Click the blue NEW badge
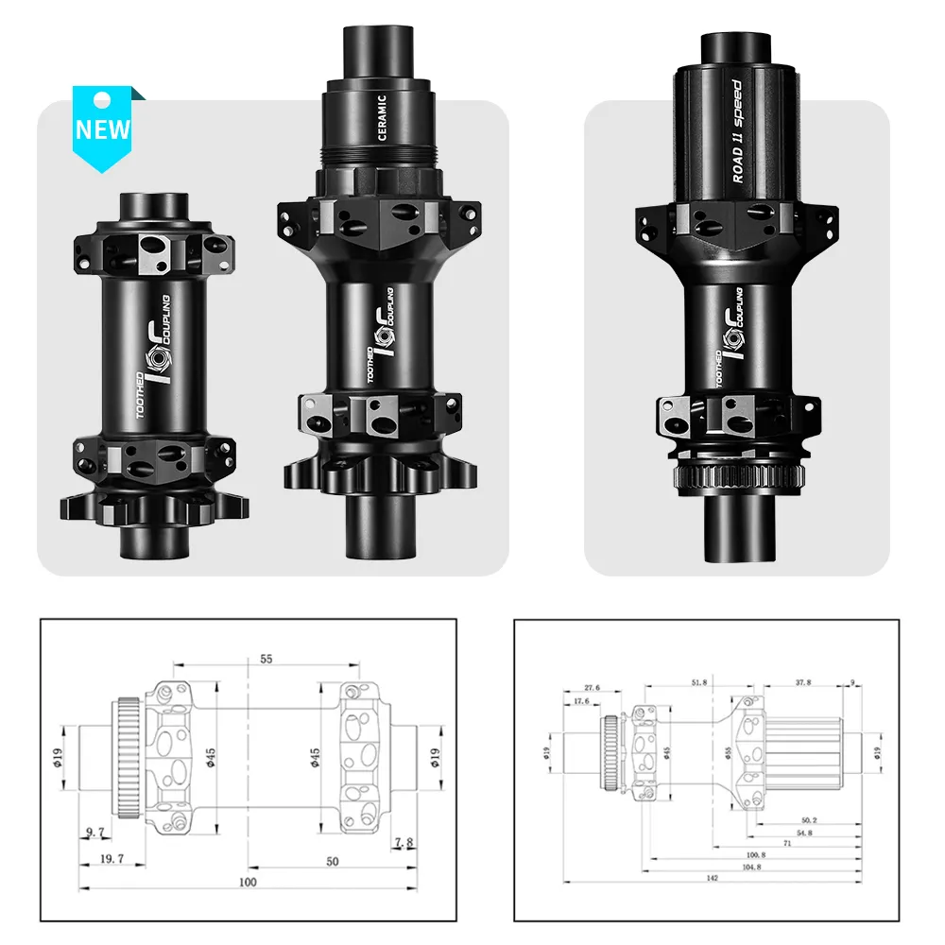coord(104,127)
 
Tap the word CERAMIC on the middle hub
coord(382,117)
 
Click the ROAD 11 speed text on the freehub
coord(737,132)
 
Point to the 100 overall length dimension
coord(248,882)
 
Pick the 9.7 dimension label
coord(94,833)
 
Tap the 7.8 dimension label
coord(404,841)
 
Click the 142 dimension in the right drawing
coord(712,878)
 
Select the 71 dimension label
coord(785,844)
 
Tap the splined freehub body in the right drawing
coord(803,752)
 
